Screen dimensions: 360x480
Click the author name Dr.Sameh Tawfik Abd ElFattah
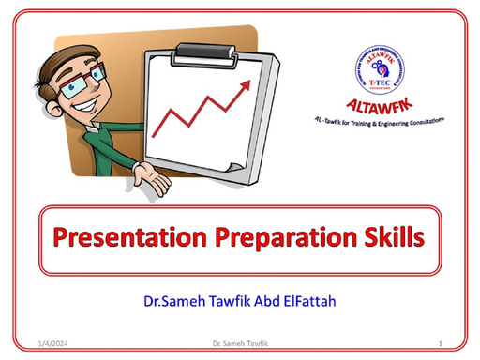(x=240, y=302)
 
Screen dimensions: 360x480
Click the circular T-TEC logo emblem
(x=379, y=67)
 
